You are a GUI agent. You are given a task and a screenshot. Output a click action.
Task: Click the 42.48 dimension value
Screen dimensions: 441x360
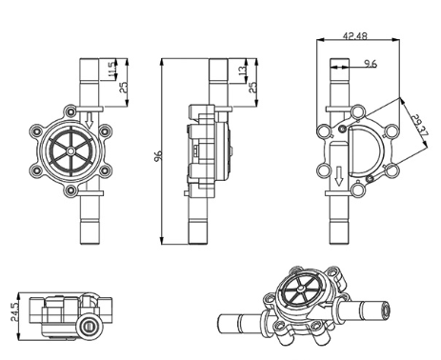point(354,35)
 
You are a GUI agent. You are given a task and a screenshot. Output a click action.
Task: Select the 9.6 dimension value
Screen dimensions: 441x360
point(371,64)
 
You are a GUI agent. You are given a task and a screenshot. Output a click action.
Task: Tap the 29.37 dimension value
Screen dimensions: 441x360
point(419,126)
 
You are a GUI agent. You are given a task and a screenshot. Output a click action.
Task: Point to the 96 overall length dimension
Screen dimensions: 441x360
point(158,155)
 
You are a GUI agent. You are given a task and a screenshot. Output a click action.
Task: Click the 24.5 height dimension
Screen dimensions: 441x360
point(15,312)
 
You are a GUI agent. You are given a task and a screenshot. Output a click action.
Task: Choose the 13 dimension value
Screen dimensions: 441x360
point(243,70)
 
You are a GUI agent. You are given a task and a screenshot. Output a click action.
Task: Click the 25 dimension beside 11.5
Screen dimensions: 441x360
point(124,88)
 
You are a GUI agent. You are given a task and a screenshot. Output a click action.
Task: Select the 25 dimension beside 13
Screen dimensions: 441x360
point(252,88)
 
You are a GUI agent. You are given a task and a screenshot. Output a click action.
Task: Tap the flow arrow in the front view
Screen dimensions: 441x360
point(89,120)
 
